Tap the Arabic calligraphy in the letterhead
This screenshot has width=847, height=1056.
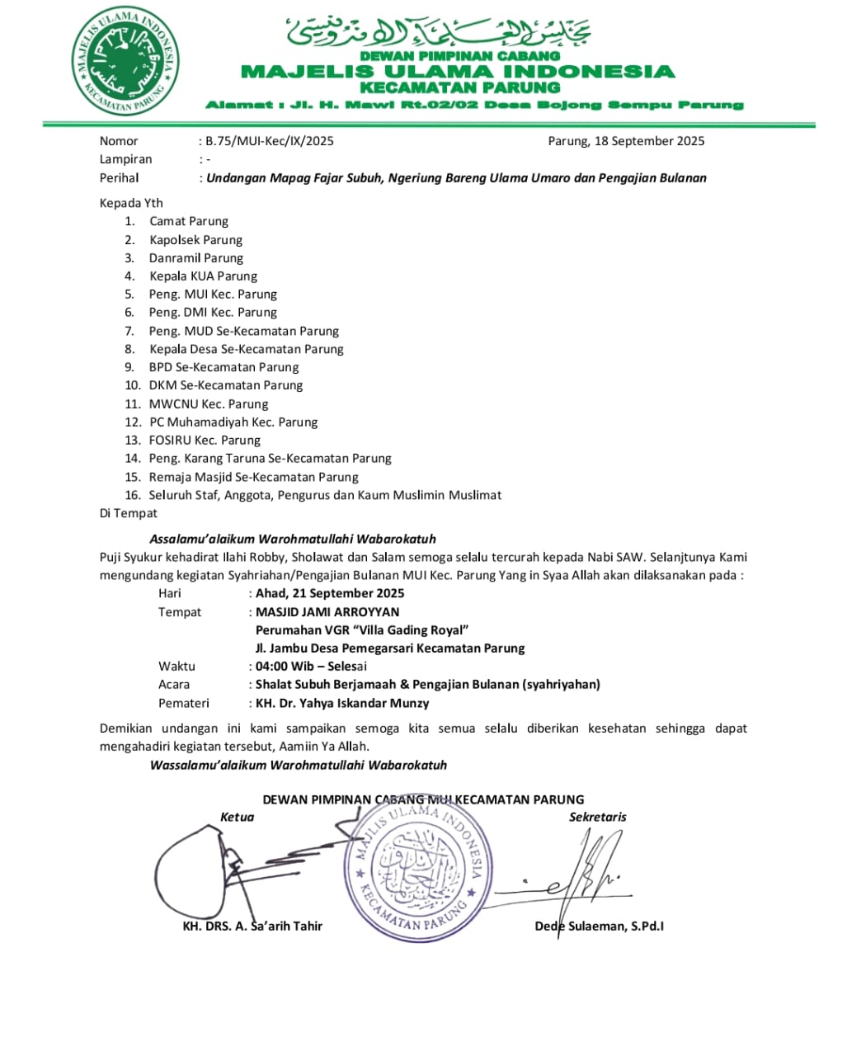pos(439,32)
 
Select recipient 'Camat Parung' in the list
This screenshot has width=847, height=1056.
pos(189,221)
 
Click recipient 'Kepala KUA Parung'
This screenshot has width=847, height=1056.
pos(203,276)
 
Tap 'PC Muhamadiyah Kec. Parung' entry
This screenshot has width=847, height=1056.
pos(233,422)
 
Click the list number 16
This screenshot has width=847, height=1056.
pos(133,495)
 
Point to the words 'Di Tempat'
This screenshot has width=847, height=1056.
pos(129,513)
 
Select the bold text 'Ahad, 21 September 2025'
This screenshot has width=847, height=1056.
pos(330,593)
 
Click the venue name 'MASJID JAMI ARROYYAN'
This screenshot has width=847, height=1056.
pos(327,612)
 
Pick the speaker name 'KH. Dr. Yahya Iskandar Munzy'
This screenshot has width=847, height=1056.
pos(342,704)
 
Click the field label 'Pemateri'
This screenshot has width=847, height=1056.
pos(184,704)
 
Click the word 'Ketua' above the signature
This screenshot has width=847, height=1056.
pos(238,817)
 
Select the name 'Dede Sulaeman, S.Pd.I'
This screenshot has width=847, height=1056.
pos(599,926)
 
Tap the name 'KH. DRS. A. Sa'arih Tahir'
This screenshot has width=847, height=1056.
pos(252,926)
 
